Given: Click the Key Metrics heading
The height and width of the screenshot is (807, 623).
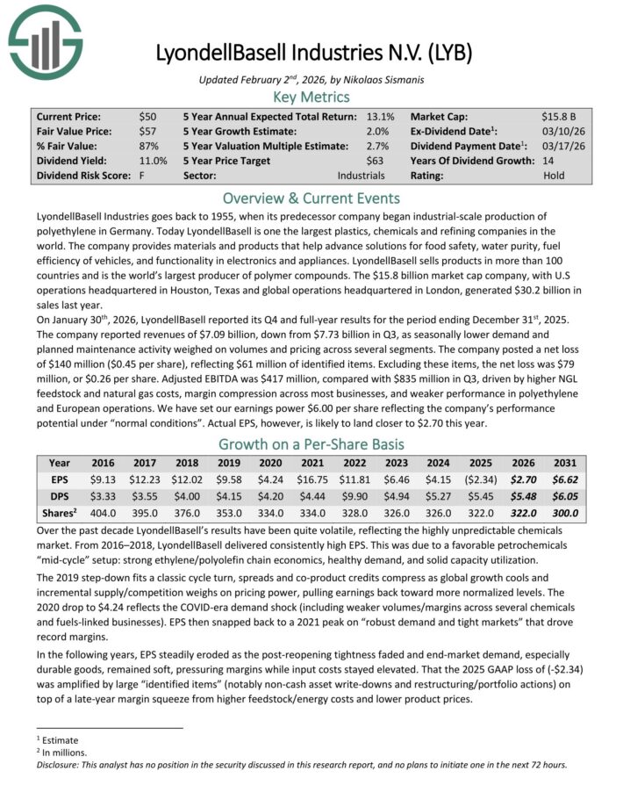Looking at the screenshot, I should click(x=311, y=97).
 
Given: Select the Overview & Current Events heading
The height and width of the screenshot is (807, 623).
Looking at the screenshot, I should click(x=311, y=198).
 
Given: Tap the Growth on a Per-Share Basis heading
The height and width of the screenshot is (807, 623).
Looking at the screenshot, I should click(x=311, y=443).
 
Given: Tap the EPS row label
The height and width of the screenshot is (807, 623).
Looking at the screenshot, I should click(x=60, y=480).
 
